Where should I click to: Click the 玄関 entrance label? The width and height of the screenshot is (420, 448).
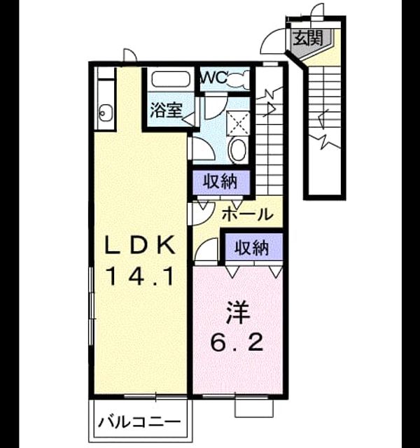308,38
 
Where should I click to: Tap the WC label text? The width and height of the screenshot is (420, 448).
214,78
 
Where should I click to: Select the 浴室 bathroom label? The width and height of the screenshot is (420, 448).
166,110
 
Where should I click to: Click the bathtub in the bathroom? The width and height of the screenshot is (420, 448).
170,79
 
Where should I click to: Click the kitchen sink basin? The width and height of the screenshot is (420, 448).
104,112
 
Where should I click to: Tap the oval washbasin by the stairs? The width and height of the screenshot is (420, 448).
239,149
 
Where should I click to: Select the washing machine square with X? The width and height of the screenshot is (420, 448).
238,123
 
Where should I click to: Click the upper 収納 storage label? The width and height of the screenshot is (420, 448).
220,181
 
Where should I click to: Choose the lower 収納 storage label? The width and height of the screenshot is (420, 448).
252,247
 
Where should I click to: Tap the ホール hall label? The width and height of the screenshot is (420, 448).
247,213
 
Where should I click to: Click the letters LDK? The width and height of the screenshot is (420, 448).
140,245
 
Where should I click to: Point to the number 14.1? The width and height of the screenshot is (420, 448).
140,276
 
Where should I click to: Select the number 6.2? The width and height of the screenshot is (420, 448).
237,342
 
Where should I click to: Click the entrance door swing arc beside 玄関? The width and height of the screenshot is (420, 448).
268,36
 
